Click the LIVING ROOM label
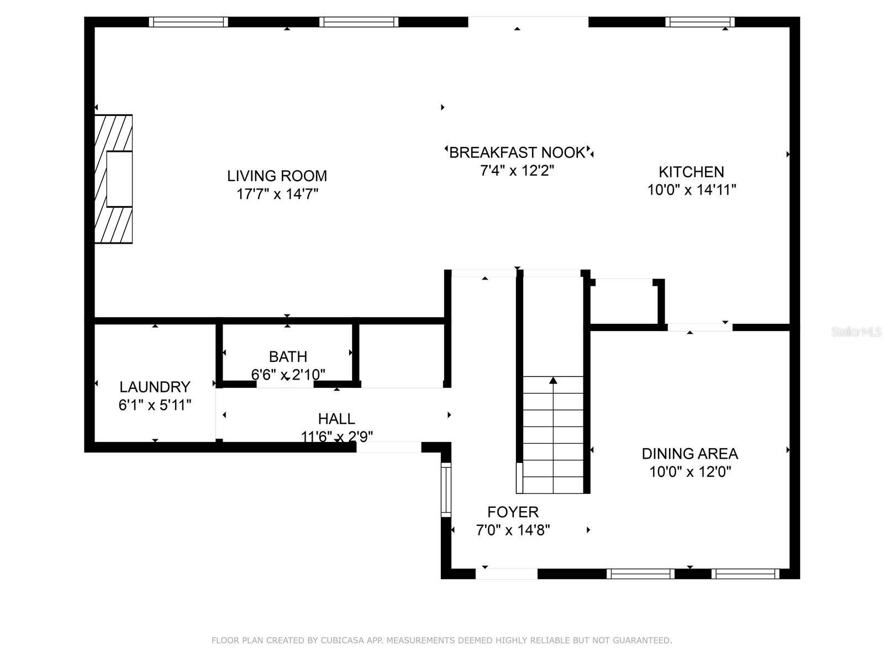pos(277,176)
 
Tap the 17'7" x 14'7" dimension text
pos(277,194)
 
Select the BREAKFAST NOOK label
pos(517,152)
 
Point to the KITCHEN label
pos(691,172)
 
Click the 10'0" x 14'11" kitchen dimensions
pos(691,190)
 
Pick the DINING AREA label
pos(690,454)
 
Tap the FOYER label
pos(513,512)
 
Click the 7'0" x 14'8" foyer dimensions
pos(513,530)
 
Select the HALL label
pos(336,419)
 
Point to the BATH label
pos(288,356)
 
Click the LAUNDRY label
pos(155,387)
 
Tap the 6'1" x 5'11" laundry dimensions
pos(155,405)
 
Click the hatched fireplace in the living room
pos(113,178)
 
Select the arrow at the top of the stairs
pos(553,380)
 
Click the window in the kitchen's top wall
pos(699,22)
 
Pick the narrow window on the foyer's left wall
pos(446,490)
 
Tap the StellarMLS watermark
pos(856,331)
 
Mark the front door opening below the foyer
pos(506,574)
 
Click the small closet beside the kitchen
pos(624,304)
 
